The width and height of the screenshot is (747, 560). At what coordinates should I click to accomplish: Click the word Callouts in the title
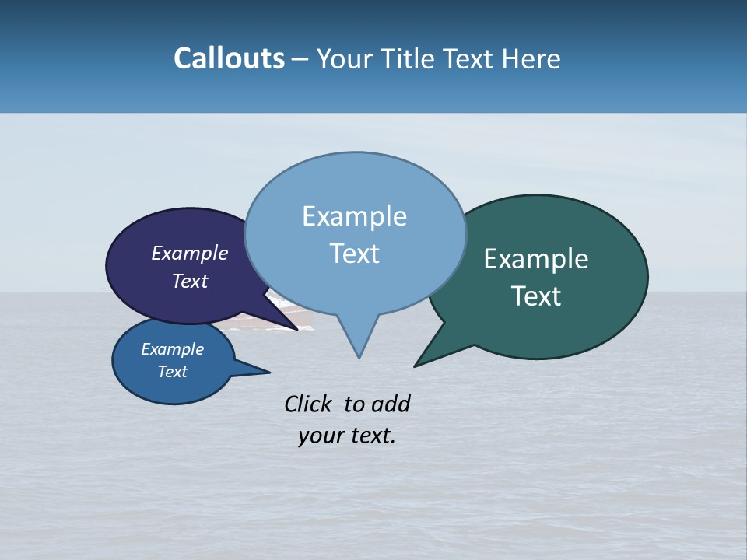(229, 58)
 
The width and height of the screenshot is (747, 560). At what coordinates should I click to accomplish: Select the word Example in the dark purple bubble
(190, 253)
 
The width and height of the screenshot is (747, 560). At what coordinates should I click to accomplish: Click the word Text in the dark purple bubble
(190, 281)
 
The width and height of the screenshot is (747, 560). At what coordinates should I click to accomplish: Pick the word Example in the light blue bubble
(354, 216)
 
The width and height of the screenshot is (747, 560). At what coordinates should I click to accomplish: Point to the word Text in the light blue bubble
(354, 254)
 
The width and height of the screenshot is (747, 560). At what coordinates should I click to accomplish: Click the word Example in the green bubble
(536, 259)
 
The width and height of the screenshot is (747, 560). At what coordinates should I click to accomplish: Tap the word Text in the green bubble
(536, 296)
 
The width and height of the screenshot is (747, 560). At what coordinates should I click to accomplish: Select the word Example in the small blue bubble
(173, 349)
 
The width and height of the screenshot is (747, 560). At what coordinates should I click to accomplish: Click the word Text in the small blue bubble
(173, 372)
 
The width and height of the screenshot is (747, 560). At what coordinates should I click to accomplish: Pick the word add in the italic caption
(391, 404)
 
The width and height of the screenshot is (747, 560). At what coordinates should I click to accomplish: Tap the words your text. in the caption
(347, 436)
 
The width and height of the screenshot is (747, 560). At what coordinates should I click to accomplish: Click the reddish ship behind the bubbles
(300, 316)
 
